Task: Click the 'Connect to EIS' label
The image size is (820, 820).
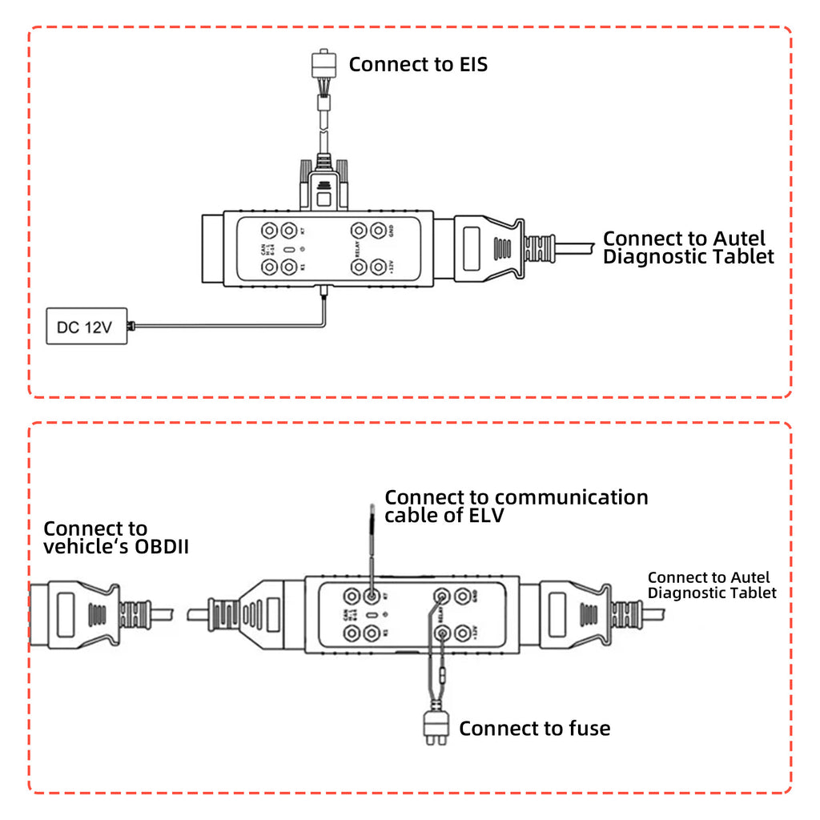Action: click(x=417, y=64)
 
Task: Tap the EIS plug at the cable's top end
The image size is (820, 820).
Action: click(x=324, y=64)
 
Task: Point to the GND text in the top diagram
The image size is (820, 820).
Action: click(x=392, y=231)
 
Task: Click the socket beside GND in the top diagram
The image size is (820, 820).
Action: click(x=377, y=231)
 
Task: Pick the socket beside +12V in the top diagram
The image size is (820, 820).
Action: click(x=377, y=267)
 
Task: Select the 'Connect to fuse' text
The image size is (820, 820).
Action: click(x=534, y=728)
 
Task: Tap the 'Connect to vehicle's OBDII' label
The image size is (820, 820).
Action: click(x=115, y=538)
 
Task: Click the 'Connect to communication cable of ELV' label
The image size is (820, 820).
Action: click(x=516, y=506)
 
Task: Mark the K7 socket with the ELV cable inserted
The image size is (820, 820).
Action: click(x=371, y=597)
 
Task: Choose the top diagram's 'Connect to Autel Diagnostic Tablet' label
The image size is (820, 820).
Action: click(x=688, y=247)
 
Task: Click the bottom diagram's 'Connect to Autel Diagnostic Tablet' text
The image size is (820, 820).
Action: click(x=711, y=585)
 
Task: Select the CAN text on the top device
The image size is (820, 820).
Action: click(x=262, y=249)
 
